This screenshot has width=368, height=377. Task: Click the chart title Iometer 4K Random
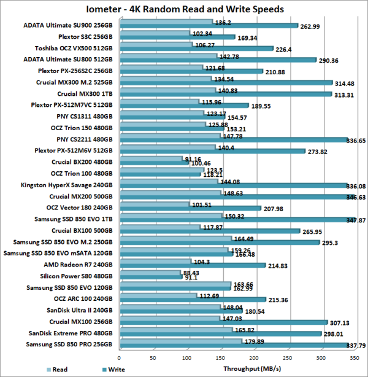click(x=184, y=9)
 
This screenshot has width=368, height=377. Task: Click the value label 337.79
click(x=353, y=345)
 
